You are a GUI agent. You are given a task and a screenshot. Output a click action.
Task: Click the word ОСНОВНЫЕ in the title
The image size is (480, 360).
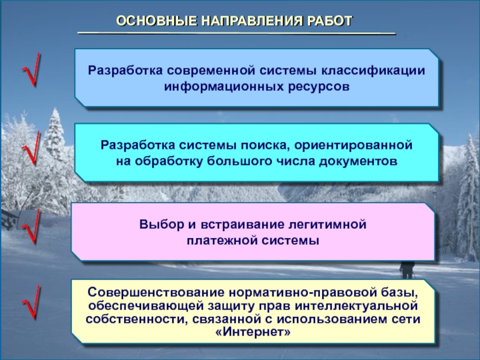click(157, 21)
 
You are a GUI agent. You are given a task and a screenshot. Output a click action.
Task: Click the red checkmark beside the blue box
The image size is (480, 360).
click(31, 69)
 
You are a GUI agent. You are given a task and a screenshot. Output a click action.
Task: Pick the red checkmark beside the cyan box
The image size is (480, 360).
click(31, 148)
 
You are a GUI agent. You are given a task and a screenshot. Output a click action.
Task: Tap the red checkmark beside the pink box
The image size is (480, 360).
click(31, 227)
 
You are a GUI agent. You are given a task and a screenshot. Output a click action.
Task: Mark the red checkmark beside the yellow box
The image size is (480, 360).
click(31, 302)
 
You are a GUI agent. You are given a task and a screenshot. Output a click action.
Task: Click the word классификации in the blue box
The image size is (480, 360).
click(373, 71)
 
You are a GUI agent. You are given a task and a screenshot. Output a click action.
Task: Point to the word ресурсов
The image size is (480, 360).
click(319, 86)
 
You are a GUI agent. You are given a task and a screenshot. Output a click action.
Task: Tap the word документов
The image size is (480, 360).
click(358, 161)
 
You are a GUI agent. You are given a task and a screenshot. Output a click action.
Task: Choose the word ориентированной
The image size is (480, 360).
click(353, 145)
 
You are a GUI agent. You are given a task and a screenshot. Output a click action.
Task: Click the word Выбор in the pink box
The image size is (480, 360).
click(161, 224)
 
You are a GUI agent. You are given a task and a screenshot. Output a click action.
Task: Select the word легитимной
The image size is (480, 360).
click(328, 224)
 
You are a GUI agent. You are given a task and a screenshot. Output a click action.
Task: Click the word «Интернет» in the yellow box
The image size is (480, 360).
click(253, 332)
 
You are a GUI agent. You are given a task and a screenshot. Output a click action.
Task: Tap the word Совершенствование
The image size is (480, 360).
click(156, 292)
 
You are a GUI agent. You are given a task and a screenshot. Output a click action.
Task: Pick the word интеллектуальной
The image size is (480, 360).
click(356, 306)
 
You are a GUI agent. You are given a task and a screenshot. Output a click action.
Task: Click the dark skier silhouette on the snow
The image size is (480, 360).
click(407, 269)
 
